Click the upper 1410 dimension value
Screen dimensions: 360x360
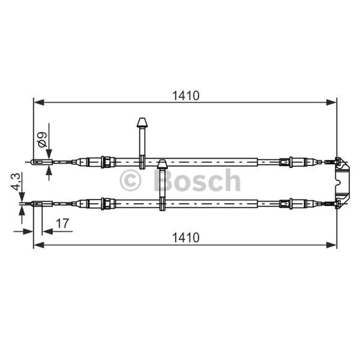click(x=186, y=96)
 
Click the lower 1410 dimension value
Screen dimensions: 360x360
click(x=186, y=238)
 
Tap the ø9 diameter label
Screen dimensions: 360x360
click(x=42, y=139)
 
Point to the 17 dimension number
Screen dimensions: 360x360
click(x=63, y=223)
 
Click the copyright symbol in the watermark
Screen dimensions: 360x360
click(x=130, y=180)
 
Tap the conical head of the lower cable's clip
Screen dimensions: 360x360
click(x=162, y=164)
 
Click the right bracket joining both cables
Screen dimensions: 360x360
click(x=342, y=183)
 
